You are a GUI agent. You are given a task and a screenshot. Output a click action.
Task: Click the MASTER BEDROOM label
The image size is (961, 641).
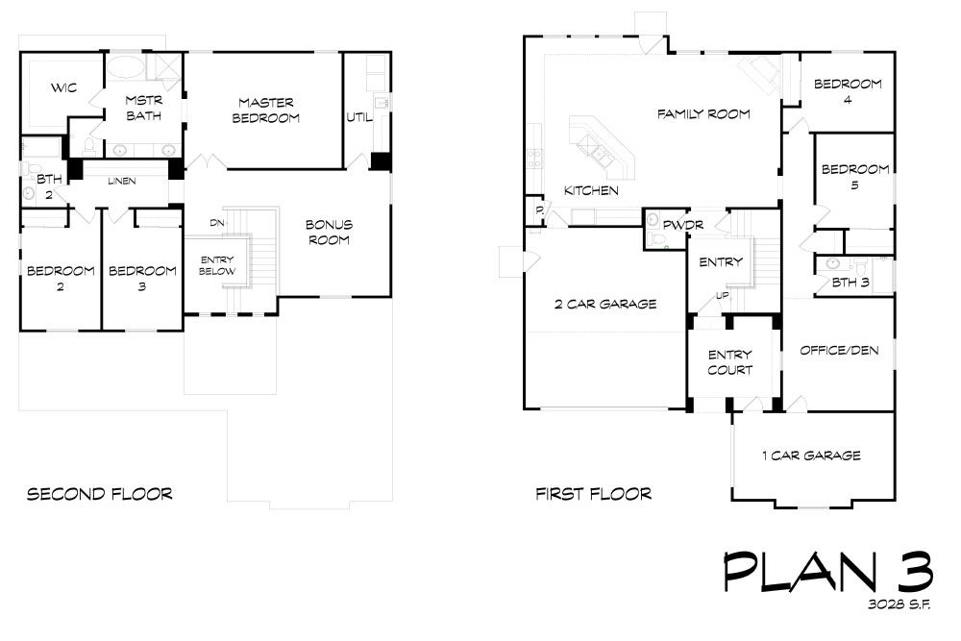pyautogui.click(x=266, y=111)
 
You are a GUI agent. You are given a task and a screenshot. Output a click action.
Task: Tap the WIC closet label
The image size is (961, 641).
pyautogui.click(x=63, y=87)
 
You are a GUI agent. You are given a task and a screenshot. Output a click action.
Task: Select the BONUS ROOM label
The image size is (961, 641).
pyautogui.click(x=329, y=233)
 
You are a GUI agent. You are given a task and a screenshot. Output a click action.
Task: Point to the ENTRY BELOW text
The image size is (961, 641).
pyautogui.click(x=217, y=265)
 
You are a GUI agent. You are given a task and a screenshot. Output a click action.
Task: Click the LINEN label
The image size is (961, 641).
pyautogui.click(x=121, y=181)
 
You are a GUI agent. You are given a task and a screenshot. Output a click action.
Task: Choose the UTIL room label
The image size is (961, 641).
pyautogui.click(x=359, y=117)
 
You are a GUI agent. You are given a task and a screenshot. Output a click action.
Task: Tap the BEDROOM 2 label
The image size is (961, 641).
pyautogui.click(x=61, y=278)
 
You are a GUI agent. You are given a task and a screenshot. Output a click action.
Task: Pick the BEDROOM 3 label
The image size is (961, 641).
pyautogui.click(x=142, y=278)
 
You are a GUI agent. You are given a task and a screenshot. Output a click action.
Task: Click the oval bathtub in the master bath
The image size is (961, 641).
pyautogui.click(x=126, y=67)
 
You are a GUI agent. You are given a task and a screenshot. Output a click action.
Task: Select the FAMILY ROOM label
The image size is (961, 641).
pyautogui.click(x=703, y=114)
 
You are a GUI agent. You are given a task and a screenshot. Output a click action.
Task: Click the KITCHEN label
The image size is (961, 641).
pyautogui.click(x=591, y=190)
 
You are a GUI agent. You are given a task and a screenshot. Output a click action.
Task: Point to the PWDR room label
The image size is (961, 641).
pyautogui.click(x=683, y=225)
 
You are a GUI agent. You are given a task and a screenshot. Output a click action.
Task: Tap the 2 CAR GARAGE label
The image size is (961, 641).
pyautogui.click(x=605, y=304)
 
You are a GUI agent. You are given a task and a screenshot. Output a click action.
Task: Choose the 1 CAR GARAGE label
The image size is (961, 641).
pyautogui.click(x=811, y=456)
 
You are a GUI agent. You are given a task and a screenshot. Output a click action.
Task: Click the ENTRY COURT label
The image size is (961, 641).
pyautogui.click(x=730, y=362)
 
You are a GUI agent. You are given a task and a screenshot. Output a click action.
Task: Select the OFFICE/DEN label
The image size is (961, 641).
pyautogui.click(x=839, y=351)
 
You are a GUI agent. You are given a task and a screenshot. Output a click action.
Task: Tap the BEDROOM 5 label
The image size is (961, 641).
pyautogui.click(x=855, y=176)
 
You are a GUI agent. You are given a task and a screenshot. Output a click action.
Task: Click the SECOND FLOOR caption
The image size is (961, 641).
pyautogui.click(x=100, y=494)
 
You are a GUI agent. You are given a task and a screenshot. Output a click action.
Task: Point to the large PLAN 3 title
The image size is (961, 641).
pyautogui.click(x=828, y=572)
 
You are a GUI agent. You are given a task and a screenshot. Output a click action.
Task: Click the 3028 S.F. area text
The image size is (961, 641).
pyautogui.click(x=899, y=604)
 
